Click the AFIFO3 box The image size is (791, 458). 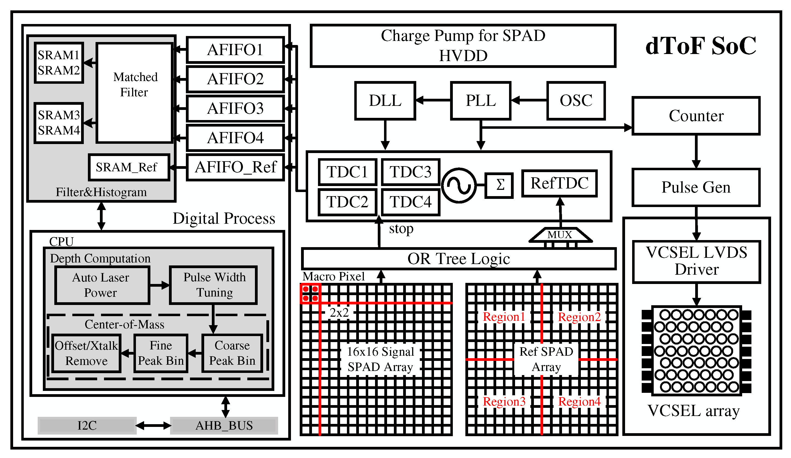click(235, 109)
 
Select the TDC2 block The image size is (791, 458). click(347, 202)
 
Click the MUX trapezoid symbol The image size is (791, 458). click(560, 235)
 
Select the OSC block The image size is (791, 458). click(576, 101)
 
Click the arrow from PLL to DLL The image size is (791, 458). click(433, 100)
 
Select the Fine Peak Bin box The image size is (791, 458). click(160, 353)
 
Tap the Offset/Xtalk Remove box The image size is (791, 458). click(86, 353)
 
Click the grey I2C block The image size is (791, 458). click(87, 425)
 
